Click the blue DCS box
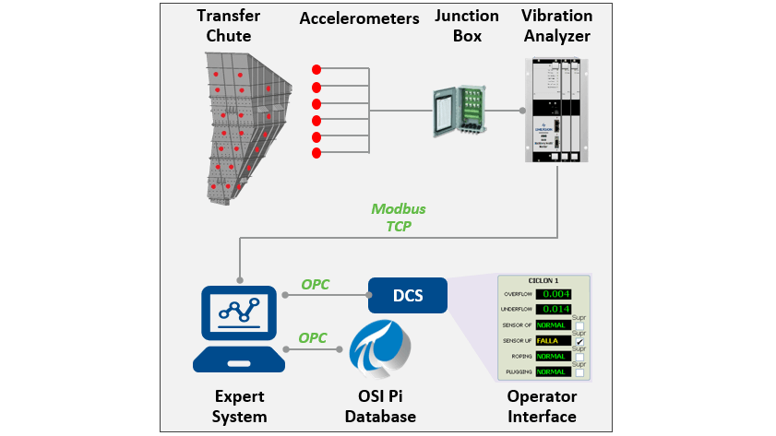tap(408, 296)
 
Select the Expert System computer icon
tap(239, 327)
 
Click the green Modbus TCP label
tap(398, 217)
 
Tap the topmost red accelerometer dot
tap(316, 69)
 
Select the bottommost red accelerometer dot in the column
tap(316, 153)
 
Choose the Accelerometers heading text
tap(359, 18)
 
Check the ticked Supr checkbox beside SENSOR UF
tap(579, 342)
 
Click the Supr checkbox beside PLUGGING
tap(579, 372)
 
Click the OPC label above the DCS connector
tap(315, 285)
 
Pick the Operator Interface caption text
tap(542, 407)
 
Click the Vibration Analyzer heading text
tap(555, 27)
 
